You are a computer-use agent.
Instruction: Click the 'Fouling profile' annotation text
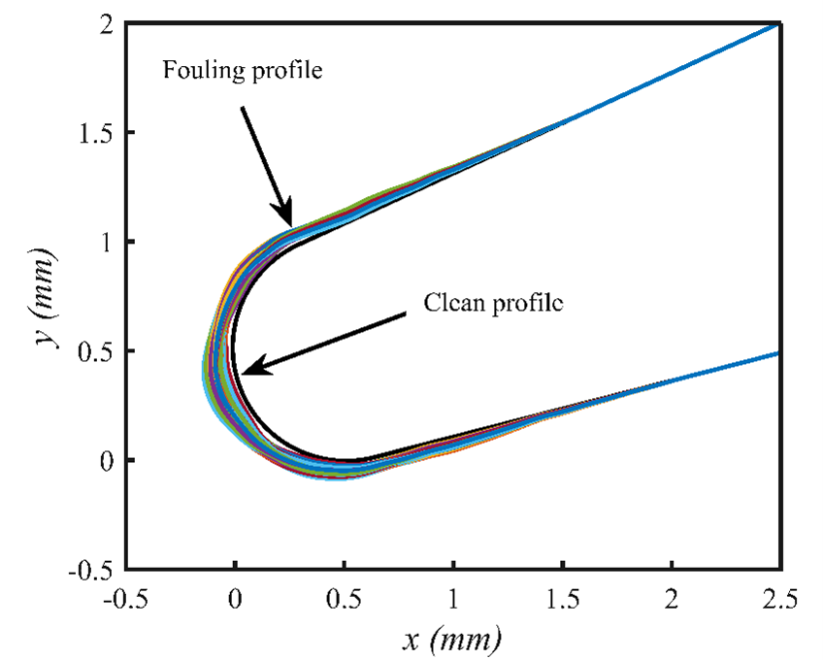[241, 71]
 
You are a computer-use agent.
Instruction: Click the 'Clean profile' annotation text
[494, 301]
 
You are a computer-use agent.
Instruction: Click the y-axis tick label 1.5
[95, 132]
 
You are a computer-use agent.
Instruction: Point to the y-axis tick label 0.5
[95, 350]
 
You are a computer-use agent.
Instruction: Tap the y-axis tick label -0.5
[92, 569]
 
